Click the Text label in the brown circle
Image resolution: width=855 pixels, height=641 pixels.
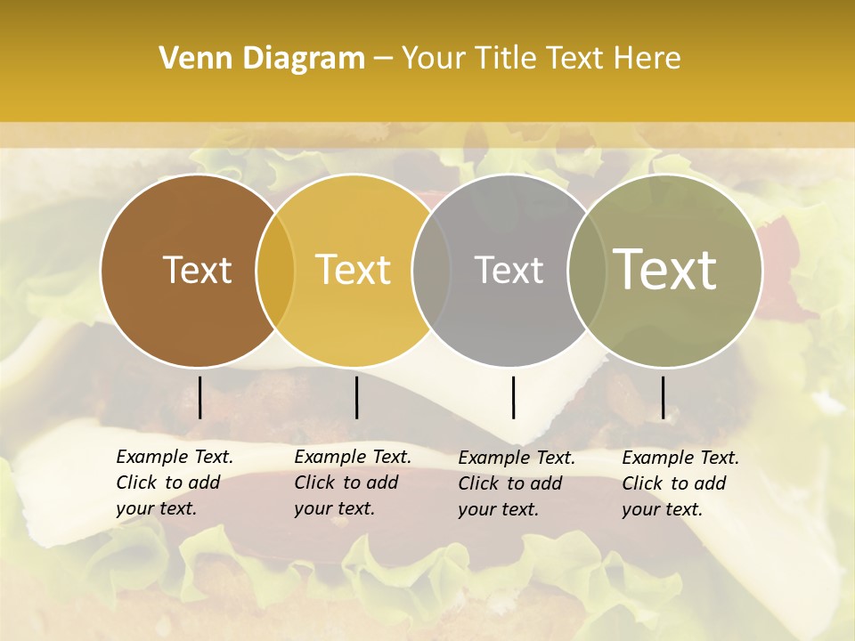point(197,270)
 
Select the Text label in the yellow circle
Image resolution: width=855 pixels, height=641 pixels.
point(354,270)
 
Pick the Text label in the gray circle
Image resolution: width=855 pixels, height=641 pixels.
point(509,270)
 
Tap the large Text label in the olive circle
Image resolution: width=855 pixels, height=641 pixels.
point(665,270)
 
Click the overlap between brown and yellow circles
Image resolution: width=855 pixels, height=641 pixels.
point(275,271)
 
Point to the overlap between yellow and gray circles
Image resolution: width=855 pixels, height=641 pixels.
point(431,271)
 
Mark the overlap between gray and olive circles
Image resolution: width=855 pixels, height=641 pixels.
point(585,271)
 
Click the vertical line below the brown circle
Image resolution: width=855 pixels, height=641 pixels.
point(200,397)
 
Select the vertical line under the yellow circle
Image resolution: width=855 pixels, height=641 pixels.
point(356,397)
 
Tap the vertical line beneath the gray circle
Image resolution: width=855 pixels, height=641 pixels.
point(513,397)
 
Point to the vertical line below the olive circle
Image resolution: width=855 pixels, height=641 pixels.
point(664,397)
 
